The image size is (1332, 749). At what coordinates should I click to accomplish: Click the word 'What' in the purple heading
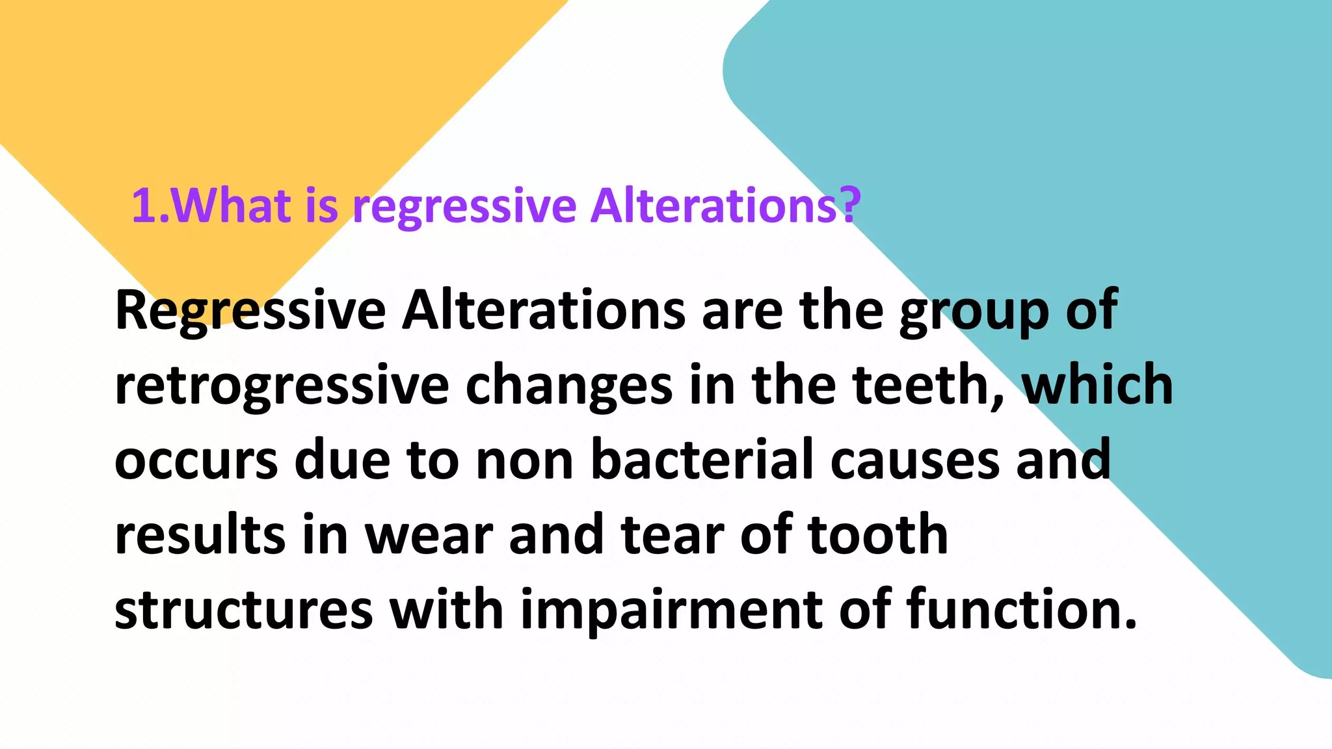[231, 205]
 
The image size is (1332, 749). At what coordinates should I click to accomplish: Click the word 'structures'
[243, 610]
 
